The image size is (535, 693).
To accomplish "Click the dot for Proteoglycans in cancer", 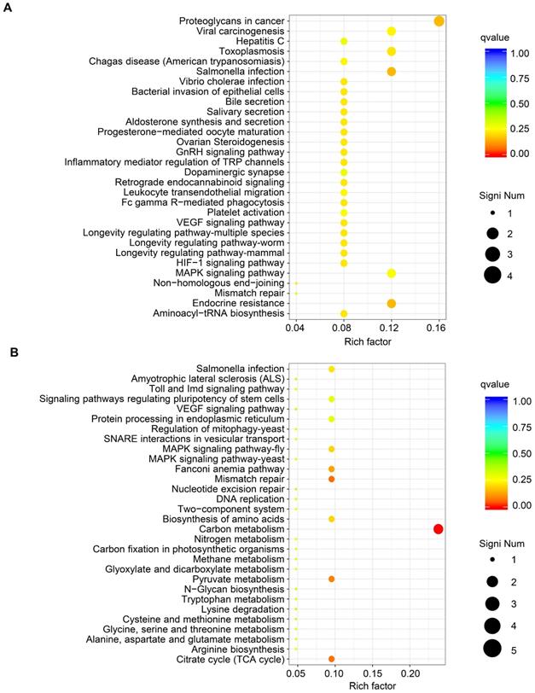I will click(x=439, y=21).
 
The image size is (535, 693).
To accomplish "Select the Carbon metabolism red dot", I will click(x=438, y=529).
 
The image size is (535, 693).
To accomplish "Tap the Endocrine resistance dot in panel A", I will click(x=391, y=304).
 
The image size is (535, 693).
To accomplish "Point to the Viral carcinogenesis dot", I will click(x=391, y=32).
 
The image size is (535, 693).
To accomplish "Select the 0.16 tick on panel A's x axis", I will click(x=439, y=328).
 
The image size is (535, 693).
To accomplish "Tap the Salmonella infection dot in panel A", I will click(x=391, y=72).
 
